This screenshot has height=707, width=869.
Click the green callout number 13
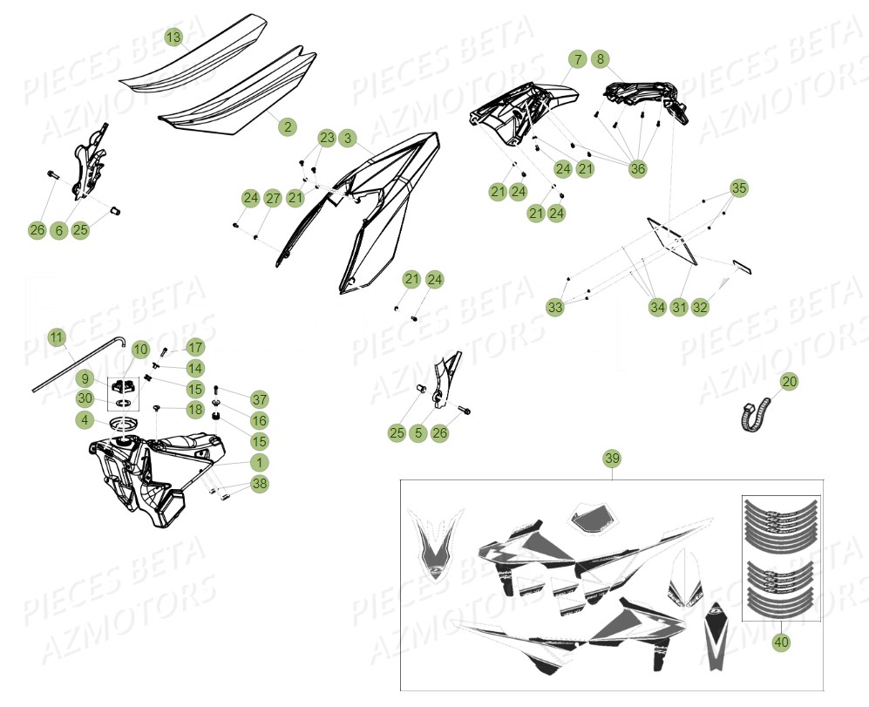(x=173, y=37)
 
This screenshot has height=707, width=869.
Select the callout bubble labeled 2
(x=287, y=126)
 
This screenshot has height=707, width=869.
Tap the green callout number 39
(x=612, y=459)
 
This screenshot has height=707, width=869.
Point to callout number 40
(x=780, y=642)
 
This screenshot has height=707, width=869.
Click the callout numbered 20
(x=788, y=381)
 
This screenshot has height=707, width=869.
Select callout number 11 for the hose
(x=56, y=337)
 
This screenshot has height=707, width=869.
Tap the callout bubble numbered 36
(x=638, y=168)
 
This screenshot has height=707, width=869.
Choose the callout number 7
(x=577, y=59)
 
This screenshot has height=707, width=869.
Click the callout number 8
(x=600, y=59)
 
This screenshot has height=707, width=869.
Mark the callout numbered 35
(x=738, y=187)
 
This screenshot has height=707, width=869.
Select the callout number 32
(x=700, y=307)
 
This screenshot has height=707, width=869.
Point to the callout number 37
(x=259, y=399)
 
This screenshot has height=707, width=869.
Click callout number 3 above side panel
(x=347, y=138)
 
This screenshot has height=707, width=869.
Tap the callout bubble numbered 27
(x=272, y=198)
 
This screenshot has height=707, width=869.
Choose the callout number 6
(x=58, y=230)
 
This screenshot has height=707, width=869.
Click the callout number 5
(x=418, y=432)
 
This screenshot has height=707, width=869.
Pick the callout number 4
(x=84, y=420)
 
